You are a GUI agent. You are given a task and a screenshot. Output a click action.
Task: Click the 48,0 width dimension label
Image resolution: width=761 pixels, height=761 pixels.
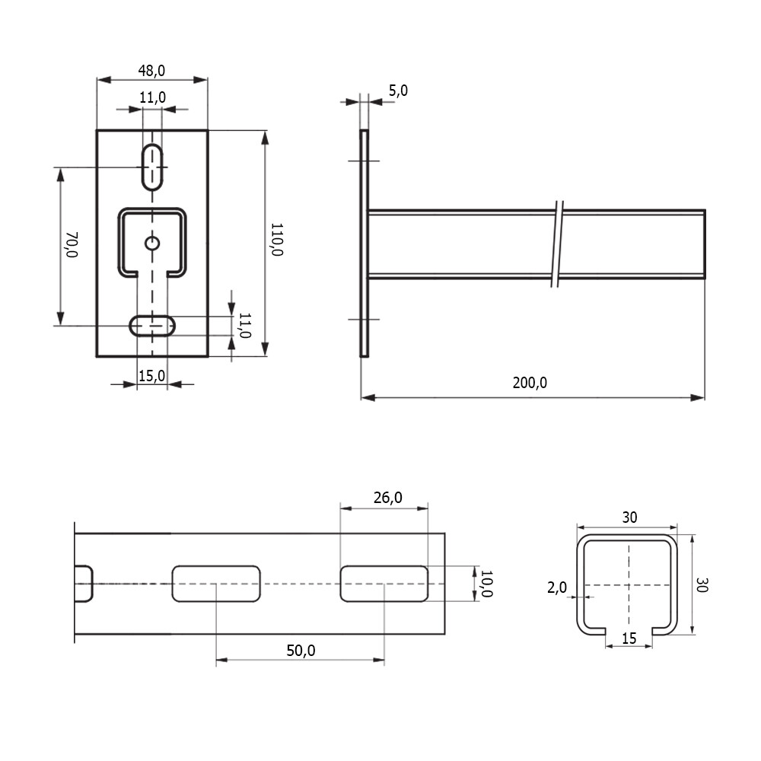[x=151, y=71]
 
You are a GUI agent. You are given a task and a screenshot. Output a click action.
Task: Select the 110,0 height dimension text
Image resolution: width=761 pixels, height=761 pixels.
[x=277, y=239]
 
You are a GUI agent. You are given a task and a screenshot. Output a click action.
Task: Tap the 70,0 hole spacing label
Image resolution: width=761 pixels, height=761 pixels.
[x=72, y=244]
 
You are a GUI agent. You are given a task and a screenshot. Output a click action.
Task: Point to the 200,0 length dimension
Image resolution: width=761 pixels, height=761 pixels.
[x=530, y=383]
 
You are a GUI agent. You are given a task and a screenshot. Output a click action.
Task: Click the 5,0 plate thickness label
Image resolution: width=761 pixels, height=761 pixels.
[x=398, y=91]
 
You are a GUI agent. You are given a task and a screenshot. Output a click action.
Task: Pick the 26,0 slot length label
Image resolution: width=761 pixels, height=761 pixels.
[x=388, y=498]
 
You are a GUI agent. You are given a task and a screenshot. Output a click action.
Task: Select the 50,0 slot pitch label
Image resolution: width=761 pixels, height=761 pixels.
[x=301, y=651]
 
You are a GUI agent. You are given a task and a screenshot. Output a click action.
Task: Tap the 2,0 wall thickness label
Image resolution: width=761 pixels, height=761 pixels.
[x=557, y=587]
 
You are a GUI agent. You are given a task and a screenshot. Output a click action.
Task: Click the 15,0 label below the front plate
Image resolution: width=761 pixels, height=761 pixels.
[x=152, y=376]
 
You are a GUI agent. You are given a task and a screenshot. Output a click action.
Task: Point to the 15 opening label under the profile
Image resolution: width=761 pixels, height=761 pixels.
[x=629, y=638]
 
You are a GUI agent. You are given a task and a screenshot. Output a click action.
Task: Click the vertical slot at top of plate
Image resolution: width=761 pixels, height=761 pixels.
[x=152, y=167]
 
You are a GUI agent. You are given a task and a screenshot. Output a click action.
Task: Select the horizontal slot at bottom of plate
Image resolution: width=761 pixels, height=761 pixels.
[x=152, y=326]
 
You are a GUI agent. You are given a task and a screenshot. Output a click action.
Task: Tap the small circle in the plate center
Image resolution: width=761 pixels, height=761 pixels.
[x=152, y=243]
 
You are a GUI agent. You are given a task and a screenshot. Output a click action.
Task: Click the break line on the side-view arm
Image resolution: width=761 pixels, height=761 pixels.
[x=558, y=244]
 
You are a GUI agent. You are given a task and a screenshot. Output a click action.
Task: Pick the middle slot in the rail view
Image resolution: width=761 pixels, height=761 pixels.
[x=216, y=584]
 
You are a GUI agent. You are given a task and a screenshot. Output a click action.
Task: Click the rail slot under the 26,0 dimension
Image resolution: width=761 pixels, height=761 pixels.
[x=384, y=584]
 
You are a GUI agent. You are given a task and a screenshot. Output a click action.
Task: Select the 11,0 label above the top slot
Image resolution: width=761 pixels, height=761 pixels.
[x=152, y=97]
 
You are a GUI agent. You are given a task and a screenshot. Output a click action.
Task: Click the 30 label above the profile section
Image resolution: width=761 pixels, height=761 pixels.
[x=629, y=517]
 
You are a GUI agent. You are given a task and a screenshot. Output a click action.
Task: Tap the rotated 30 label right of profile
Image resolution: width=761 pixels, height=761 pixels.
[x=702, y=584]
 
